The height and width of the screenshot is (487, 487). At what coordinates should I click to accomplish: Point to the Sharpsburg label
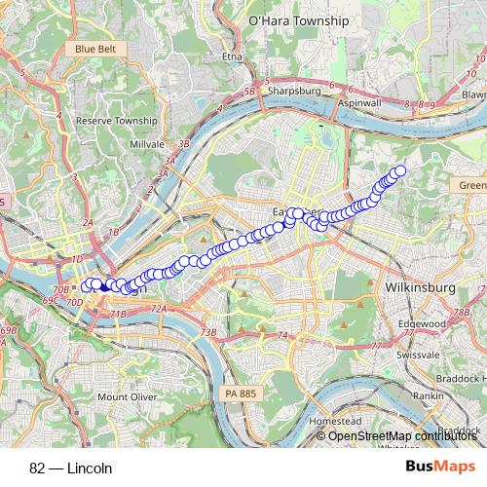coord(293,90)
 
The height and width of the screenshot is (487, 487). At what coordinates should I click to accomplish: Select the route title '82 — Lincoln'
coord(71,468)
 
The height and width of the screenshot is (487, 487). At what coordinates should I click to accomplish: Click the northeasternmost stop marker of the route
coord(398,171)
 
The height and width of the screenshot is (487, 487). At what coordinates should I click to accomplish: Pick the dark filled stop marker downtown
coord(104,287)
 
